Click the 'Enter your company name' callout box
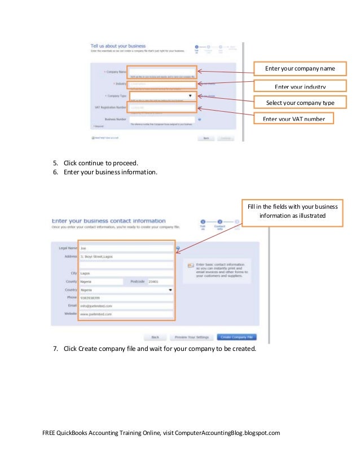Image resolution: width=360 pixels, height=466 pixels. click(x=300, y=69)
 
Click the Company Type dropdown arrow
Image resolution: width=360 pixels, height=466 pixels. click(x=190, y=96)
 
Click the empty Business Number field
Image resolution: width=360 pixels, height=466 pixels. click(x=162, y=120)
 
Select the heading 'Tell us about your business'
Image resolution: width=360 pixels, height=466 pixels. click(x=118, y=46)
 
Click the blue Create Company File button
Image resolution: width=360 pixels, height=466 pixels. click(x=237, y=337)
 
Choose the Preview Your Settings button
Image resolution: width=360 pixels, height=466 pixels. click(x=191, y=337)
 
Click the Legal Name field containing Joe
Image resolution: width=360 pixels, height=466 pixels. click(x=126, y=248)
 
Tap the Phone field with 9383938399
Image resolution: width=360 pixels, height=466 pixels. click(x=126, y=297)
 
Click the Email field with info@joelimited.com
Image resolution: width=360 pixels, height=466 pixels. click(x=126, y=305)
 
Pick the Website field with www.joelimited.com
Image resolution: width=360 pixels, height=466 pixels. click(x=126, y=314)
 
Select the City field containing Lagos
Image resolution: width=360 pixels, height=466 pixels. click(x=126, y=273)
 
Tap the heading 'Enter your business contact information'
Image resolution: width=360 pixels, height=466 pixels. click(x=109, y=221)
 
